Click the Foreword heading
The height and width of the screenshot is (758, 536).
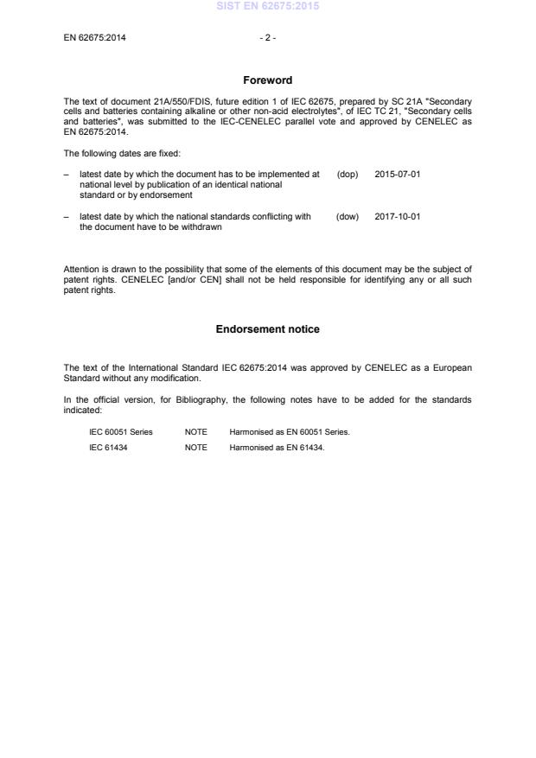[267, 80]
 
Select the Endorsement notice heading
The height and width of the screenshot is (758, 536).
[267, 329]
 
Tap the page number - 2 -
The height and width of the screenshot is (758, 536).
[267, 38]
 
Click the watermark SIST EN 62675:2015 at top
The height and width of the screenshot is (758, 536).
[267, 6]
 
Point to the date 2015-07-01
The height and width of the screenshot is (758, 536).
[398, 174]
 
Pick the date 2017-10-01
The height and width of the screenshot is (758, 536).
[398, 216]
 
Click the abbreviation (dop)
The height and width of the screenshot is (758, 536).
[347, 174]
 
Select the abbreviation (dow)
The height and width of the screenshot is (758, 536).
[347, 216]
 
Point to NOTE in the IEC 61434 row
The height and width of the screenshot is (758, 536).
[195, 447]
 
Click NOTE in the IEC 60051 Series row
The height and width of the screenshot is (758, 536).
[195, 431]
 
